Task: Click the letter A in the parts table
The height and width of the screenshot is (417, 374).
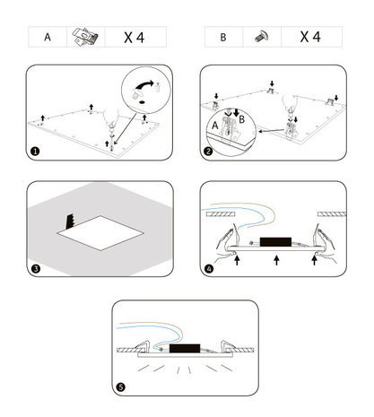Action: tap(48, 38)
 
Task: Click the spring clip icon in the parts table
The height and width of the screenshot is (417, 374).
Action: tap(85, 37)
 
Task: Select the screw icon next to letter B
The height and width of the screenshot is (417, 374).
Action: tap(262, 37)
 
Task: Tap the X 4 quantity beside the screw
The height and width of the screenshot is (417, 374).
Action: tap(310, 37)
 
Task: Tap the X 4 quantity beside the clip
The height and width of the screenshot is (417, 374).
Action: tap(135, 38)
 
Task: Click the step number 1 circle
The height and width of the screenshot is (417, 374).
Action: tap(35, 152)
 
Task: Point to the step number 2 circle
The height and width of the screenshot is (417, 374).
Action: tap(208, 152)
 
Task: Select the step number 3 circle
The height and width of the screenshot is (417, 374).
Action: tap(36, 268)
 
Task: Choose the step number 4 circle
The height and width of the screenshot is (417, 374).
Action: tap(209, 269)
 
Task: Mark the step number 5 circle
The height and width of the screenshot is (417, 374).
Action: tap(121, 387)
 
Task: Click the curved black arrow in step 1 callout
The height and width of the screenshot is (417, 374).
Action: tap(144, 84)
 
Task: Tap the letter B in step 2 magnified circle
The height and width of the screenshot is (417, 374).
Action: tap(242, 119)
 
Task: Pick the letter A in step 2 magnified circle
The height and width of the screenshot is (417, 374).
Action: tap(215, 126)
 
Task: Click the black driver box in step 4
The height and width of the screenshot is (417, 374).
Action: tap(275, 242)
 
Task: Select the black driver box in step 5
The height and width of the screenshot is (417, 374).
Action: tap(185, 348)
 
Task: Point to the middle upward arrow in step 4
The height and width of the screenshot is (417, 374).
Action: tap(276, 260)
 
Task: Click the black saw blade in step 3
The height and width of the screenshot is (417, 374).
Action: tap(70, 222)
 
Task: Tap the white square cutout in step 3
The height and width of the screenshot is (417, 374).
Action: tap(100, 233)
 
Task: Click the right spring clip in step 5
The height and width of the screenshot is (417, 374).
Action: tap(227, 346)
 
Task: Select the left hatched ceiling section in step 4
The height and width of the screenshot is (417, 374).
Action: tap(221, 214)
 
